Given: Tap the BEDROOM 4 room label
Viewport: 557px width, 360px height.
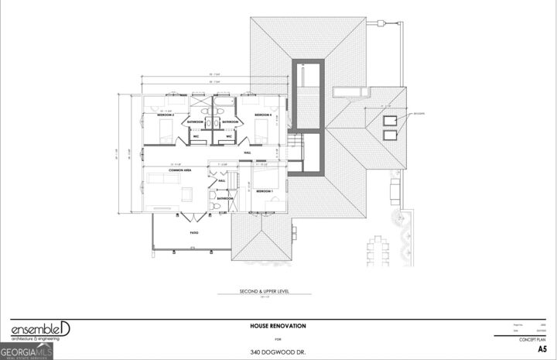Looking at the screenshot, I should point(263,115).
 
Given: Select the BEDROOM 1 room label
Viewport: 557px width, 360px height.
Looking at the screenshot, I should point(265,190).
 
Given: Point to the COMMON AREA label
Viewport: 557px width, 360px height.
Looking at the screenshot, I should point(159,170).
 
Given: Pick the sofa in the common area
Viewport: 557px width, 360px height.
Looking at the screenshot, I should point(163,179).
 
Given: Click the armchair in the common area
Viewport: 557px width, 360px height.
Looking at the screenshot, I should point(186,191).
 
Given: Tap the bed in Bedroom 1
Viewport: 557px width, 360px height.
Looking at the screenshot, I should point(270,204).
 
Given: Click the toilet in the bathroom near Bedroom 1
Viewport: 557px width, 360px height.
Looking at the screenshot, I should point(214,207).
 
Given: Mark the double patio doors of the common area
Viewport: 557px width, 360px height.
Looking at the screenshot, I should point(183,212).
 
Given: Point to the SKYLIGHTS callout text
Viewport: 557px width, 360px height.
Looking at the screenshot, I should point(419,113).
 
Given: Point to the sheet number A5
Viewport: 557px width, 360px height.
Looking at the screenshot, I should point(542,349).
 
